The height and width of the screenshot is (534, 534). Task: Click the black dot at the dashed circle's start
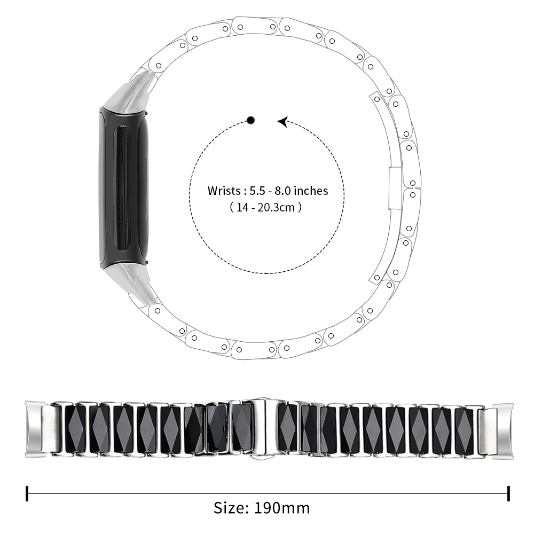[250, 120]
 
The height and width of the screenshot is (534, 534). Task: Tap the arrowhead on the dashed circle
[282, 122]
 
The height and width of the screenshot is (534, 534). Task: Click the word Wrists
[224, 191]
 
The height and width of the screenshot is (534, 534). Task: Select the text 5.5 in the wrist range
[257, 191]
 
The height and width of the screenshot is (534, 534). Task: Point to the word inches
[311, 191]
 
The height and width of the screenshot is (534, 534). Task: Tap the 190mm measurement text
[282, 508]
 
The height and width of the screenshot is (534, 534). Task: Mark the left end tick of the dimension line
[27, 493]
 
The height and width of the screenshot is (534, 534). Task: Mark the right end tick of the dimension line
[508, 493]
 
